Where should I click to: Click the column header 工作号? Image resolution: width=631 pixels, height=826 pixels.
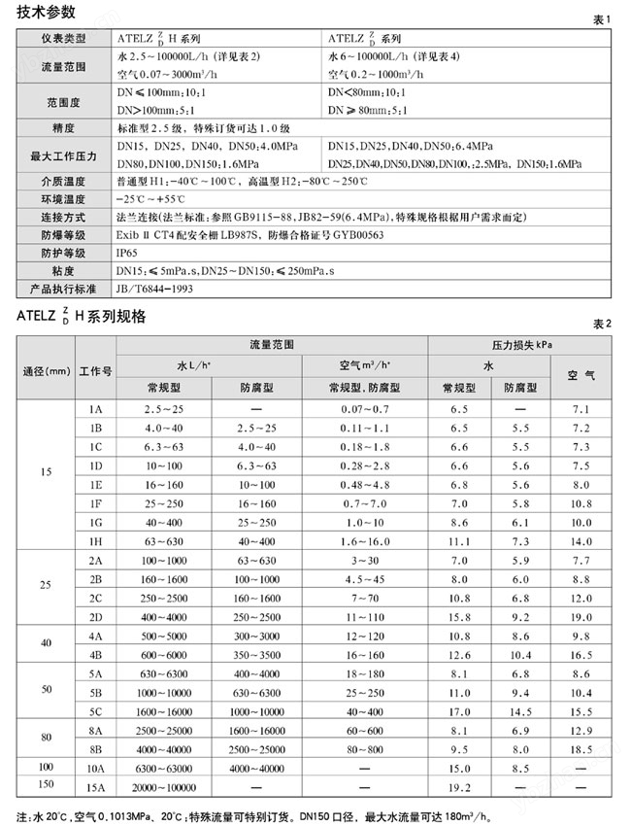(x=95, y=371)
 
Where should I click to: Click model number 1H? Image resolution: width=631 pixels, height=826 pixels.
(x=95, y=540)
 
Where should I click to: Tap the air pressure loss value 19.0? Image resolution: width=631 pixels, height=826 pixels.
(x=581, y=616)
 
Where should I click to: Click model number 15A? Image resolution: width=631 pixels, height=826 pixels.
(x=95, y=785)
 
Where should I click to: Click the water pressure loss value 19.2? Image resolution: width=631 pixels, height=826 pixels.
(x=459, y=785)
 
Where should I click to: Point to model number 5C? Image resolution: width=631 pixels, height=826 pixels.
(x=95, y=710)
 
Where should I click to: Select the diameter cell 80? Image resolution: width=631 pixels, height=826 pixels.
(x=46, y=738)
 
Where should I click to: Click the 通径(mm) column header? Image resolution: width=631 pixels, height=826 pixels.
(x=46, y=371)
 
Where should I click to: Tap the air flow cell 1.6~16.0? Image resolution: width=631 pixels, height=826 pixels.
(x=365, y=540)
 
